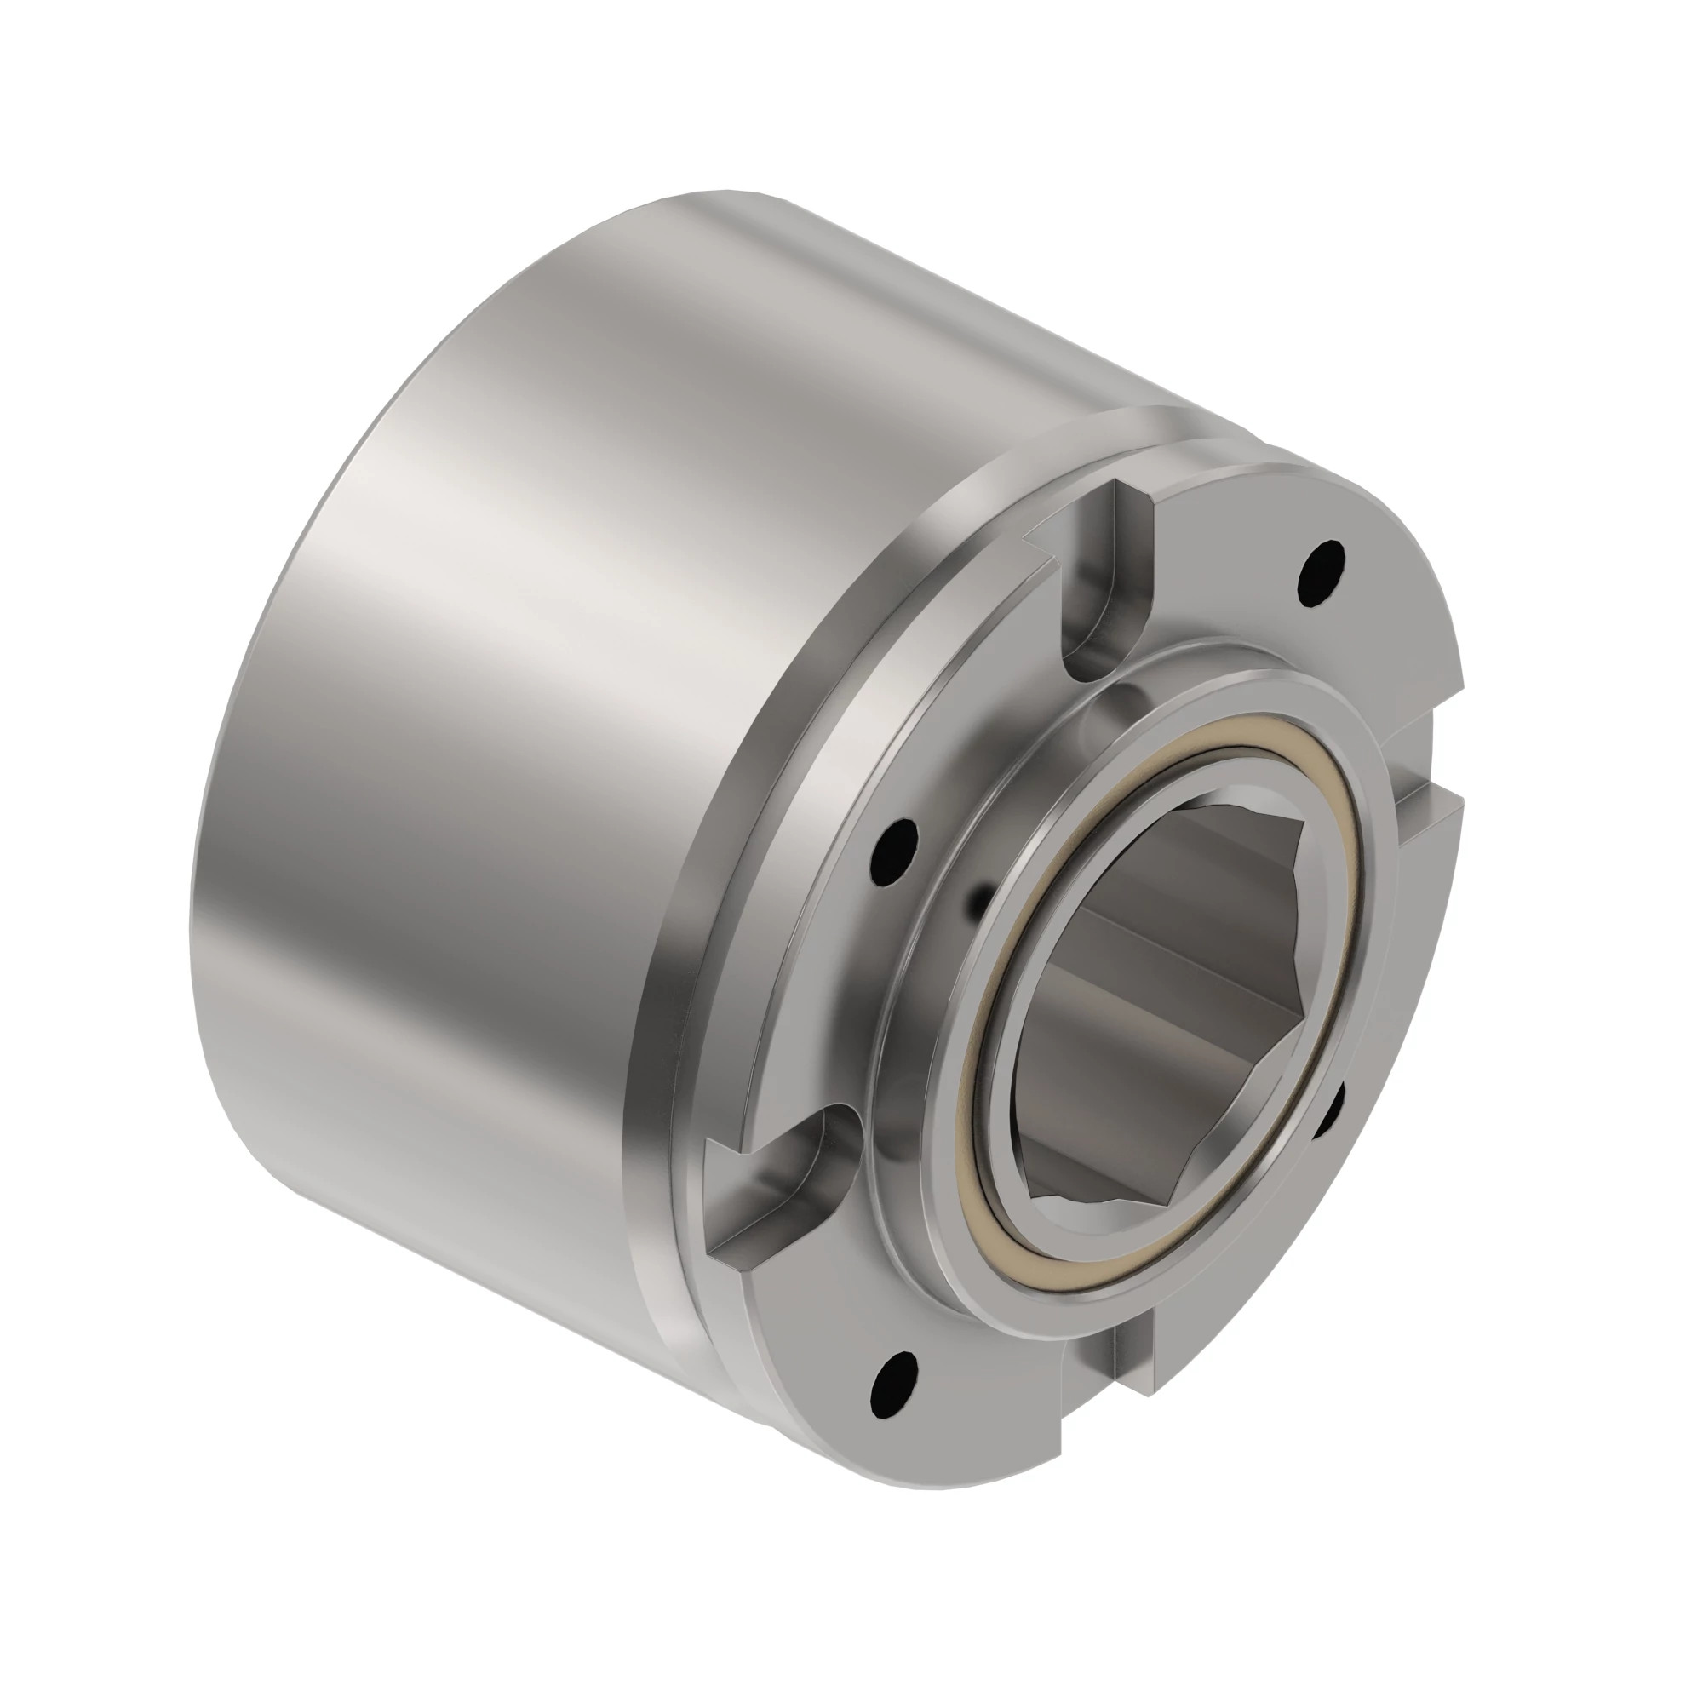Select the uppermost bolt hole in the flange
[1322, 573]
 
